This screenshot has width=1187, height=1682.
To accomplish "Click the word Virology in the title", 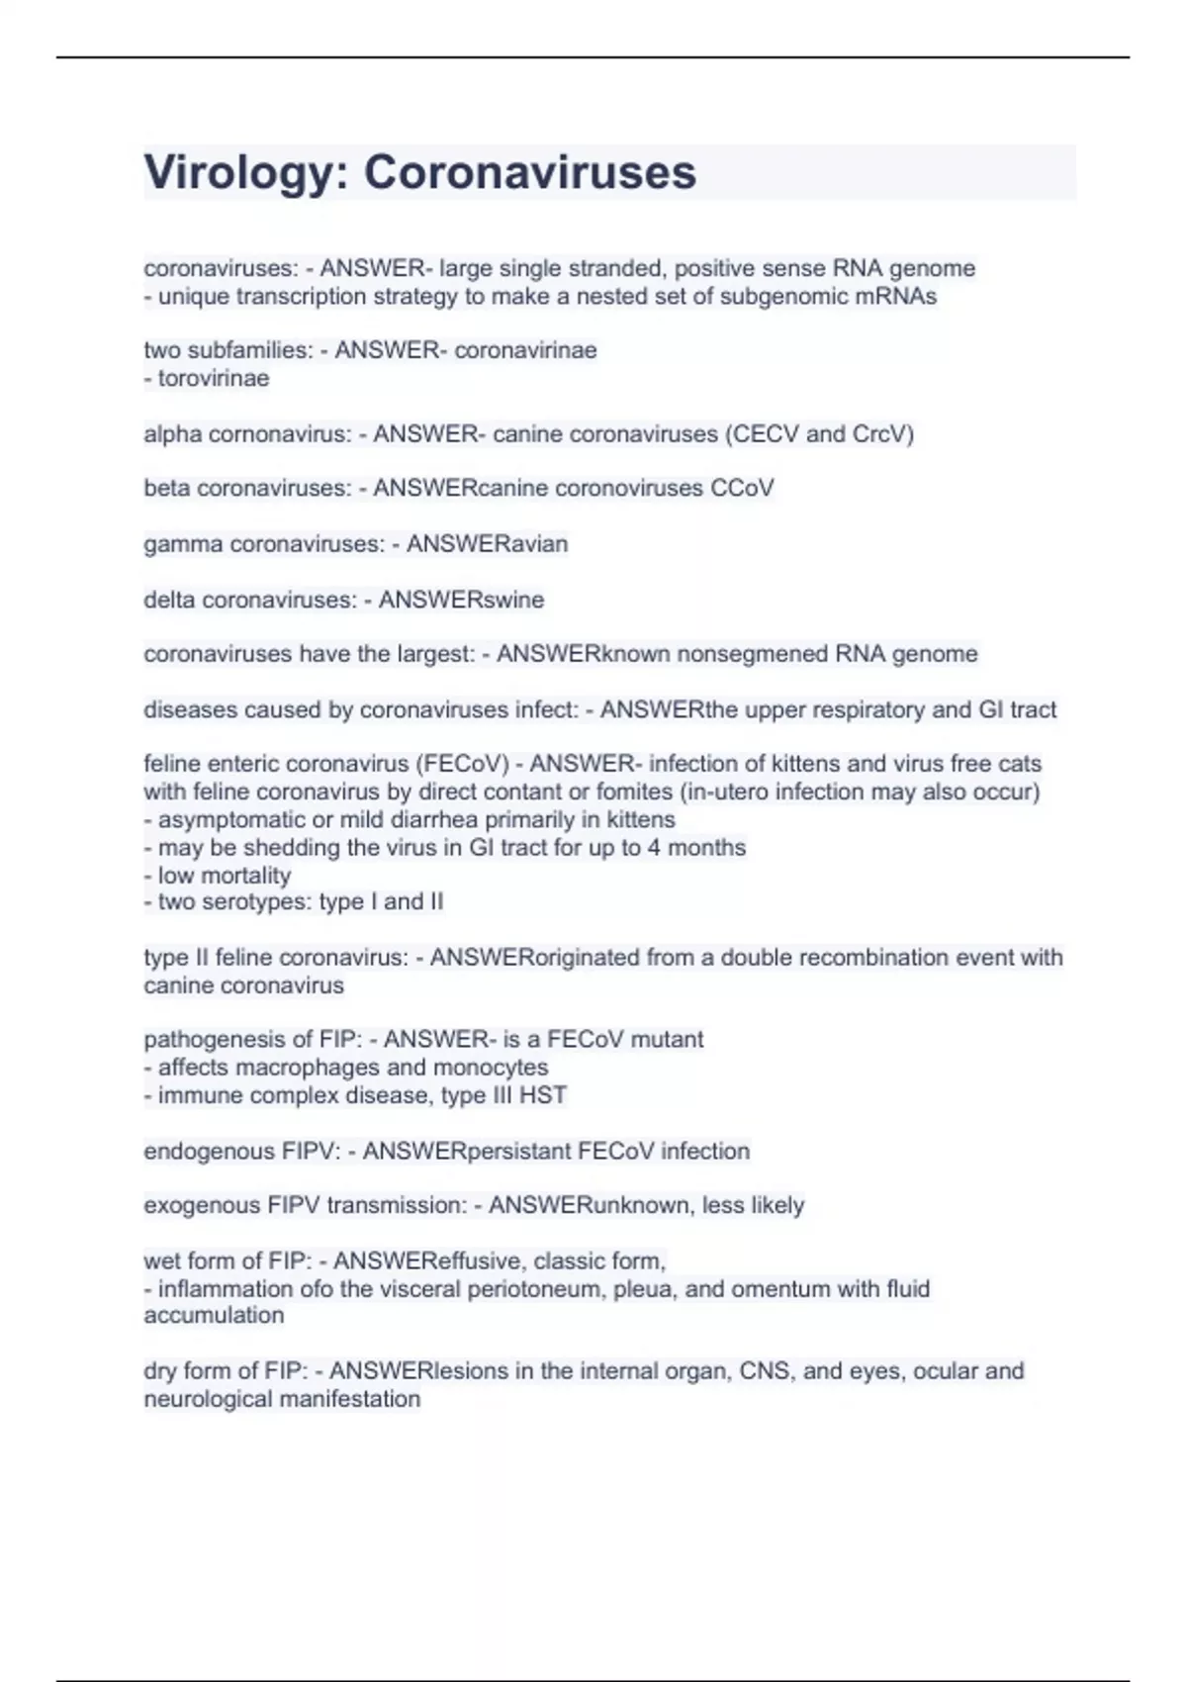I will pos(233,173).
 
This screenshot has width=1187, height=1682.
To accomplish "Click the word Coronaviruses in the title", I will pos(530,172).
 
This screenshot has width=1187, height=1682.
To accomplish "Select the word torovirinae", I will pos(214,378).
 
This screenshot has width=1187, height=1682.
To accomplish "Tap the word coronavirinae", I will pos(525,350).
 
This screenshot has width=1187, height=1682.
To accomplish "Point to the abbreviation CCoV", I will pos(742,488).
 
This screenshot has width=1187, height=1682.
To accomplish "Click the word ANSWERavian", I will pos(487,544).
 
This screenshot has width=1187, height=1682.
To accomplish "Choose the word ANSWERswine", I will pos(461,600).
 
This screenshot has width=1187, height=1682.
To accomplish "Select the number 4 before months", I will pos(654,848).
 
